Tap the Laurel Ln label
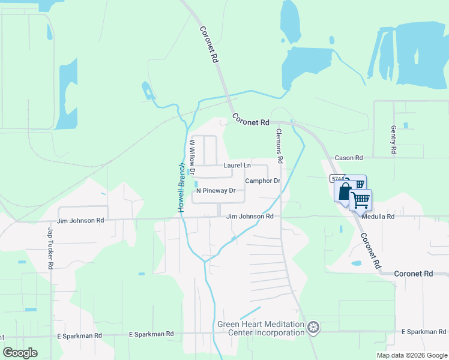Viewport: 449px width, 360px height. [x=237, y=165]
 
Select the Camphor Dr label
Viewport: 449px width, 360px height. [x=263, y=181]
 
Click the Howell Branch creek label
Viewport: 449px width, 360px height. [x=180, y=187]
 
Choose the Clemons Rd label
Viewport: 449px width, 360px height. [x=279, y=146]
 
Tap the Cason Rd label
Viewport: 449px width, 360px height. [x=349, y=158]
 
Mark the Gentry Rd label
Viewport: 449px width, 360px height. [x=394, y=140]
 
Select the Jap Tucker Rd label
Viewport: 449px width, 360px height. [x=51, y=247]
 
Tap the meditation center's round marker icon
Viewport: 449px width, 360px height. [x=313, y=328]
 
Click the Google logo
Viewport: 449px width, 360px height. [x=20, y=352]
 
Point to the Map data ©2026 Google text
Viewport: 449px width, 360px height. [x=412, y=355]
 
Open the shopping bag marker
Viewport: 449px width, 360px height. [x=344, y=192]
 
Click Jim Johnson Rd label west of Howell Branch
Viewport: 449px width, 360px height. [x=81, y=220]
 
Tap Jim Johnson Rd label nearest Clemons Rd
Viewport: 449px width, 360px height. [x=250, y=216]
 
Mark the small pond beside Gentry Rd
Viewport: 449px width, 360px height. [x=406, y=125]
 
